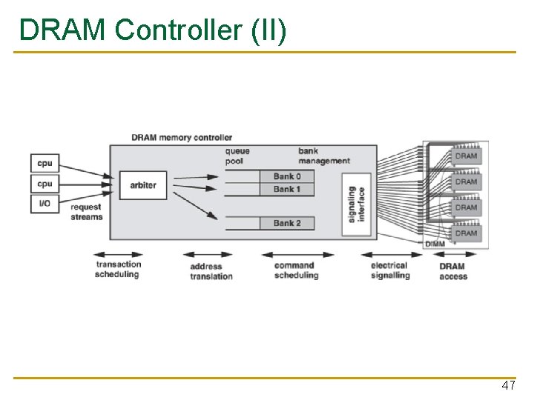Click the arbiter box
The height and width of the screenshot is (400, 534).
[x=142, y=184]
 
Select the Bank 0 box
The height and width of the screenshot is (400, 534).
[x=287, y=176]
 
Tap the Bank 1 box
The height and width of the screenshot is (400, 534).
[x=287, y=189]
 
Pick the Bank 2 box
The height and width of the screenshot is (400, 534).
[x=287, y=223]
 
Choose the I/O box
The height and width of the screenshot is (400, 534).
[x=44, y=202]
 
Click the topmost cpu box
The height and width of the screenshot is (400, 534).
[x=44, y=163]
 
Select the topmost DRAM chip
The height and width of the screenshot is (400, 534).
[x=466, y=156]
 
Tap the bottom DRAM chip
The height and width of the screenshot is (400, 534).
[x=466, y=233]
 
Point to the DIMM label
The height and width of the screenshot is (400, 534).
[x=435, y=244]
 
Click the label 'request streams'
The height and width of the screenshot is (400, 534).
[x=87, y=212]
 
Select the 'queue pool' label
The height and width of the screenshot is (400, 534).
[x=237, y=156]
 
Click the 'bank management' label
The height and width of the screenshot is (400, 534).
[x=323, y=156]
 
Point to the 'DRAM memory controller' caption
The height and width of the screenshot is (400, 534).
[x=182, y=137]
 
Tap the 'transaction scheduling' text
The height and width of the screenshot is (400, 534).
[x=117, y=270]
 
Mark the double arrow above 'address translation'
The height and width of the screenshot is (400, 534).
[x=208, y=254]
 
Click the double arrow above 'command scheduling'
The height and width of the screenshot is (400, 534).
[x=296, y=254]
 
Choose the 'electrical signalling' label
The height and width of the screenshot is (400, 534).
[x=389, y=270]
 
